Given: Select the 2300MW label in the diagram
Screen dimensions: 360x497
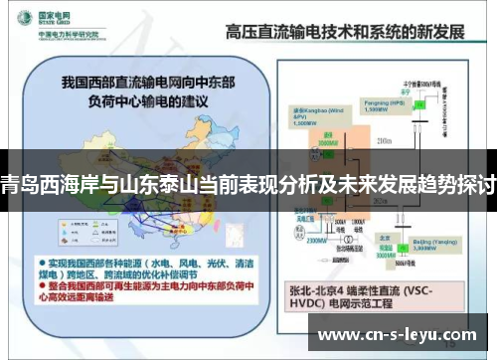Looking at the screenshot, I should [317, 239].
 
